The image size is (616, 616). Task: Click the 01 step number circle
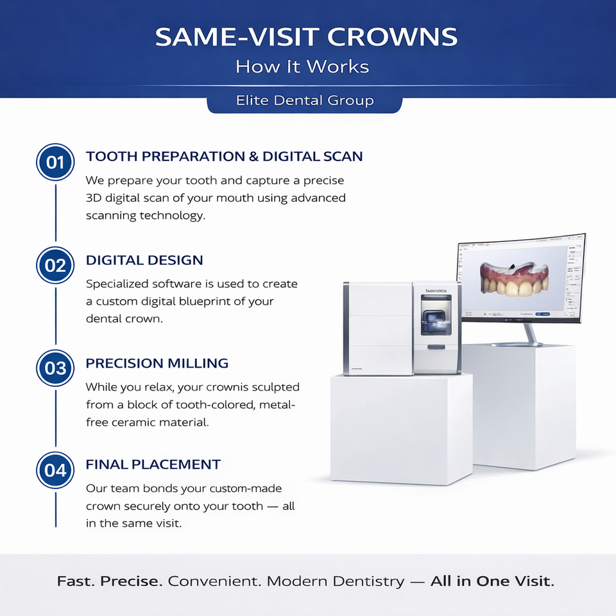point(56,162)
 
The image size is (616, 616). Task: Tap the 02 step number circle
point(56,265)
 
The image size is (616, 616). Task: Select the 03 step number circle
point(56,368)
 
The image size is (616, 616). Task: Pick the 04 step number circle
point(56,470)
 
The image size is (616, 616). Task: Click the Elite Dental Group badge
point(304,101)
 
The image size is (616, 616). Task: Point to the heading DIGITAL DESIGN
point(144,261)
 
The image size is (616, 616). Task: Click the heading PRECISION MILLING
point(157,363)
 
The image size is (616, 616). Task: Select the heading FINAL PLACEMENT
point(153,465)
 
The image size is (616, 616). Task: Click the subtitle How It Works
point(302,67)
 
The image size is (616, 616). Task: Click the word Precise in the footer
point(132,582)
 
